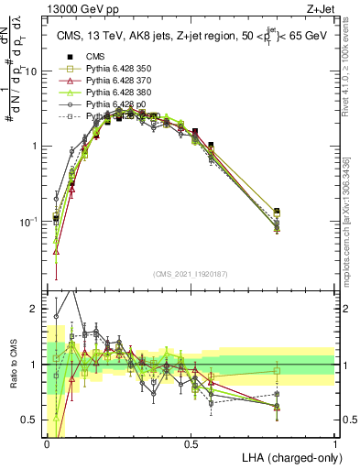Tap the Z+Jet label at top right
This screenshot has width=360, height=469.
tap(318, 7)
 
